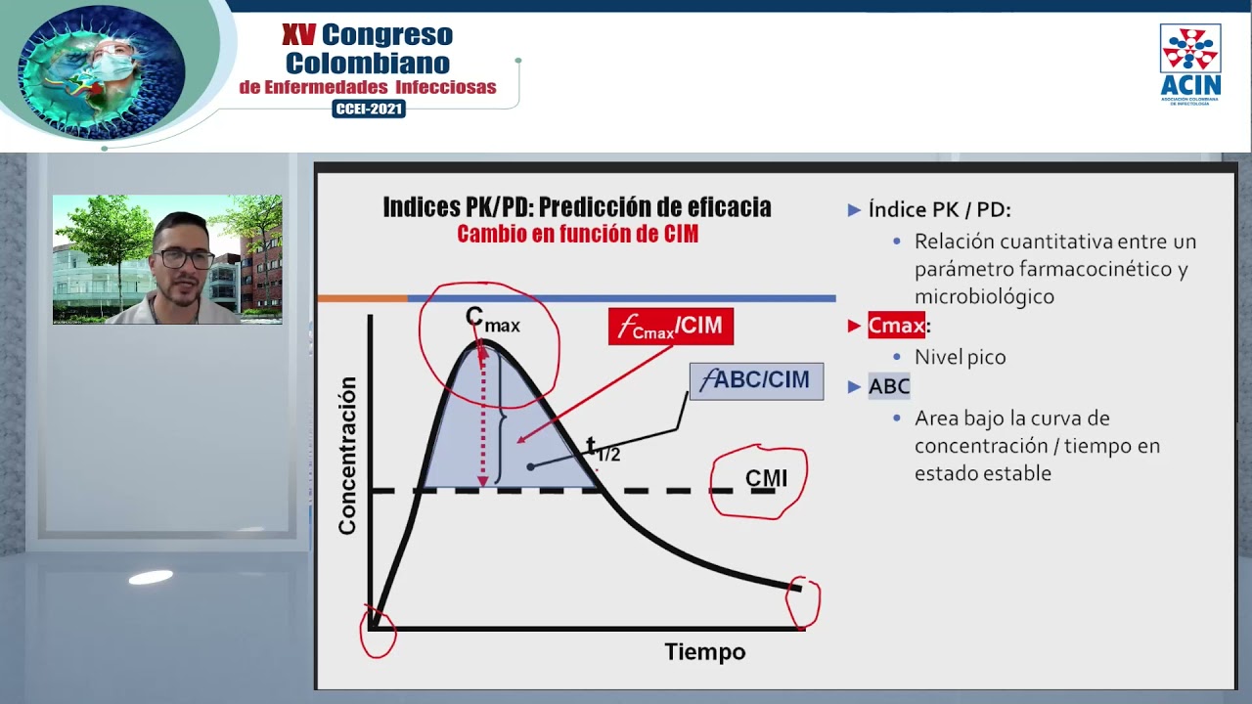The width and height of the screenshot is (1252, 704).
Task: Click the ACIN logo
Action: (x=1190, y=64)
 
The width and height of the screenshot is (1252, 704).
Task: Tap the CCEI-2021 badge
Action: (x=369, y=110)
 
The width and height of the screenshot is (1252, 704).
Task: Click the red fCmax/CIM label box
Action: (x=670, y=327)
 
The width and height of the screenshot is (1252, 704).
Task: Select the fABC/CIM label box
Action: (x=756, y=380)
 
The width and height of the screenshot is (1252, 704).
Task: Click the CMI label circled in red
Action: (x=765, y=479)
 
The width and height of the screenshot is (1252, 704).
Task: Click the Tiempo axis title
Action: (x=704, y=652)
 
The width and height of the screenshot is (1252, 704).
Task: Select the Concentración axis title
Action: (x=347, y=455)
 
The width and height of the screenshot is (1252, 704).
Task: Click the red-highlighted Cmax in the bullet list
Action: (x=896, y=326)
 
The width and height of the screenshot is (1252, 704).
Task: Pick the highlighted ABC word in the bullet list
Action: (x=889, y=386)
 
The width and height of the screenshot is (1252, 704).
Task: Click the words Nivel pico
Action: (x=960, y=357)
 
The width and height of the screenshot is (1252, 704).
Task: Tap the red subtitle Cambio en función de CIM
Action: (x=577, y=235)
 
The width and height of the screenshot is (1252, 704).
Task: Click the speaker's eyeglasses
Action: (x=183, y=259)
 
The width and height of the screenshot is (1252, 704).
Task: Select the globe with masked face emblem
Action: (x=101, y=71)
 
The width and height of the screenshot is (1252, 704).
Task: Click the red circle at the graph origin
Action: (x=378, y=631)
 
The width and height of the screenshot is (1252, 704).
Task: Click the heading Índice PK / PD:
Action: (x=939, y=209)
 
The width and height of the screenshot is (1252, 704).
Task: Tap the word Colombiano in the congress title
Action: (x=368, y=64)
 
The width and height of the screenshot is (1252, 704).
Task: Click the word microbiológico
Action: (x=984, y=296)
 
